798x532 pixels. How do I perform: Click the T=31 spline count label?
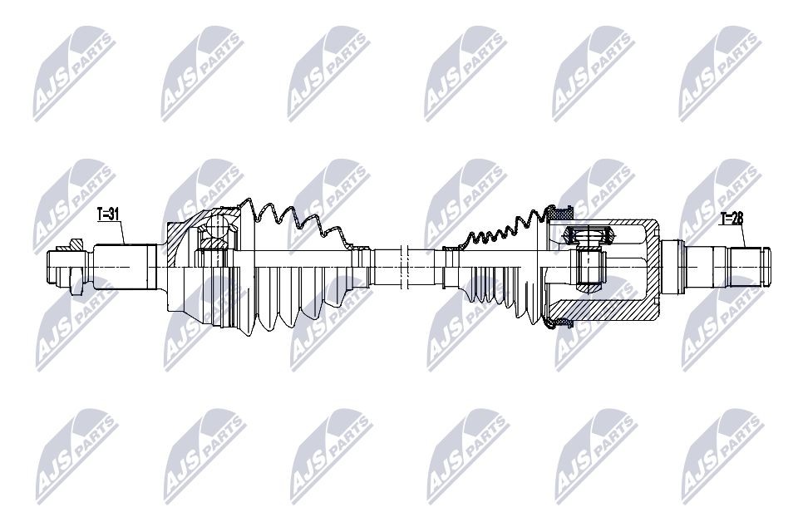(x=109, y=214)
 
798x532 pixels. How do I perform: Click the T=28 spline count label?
(x=732, y=219)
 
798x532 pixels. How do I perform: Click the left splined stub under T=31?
(x=125, y=266)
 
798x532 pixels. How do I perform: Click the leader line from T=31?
(x=124, y=234)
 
